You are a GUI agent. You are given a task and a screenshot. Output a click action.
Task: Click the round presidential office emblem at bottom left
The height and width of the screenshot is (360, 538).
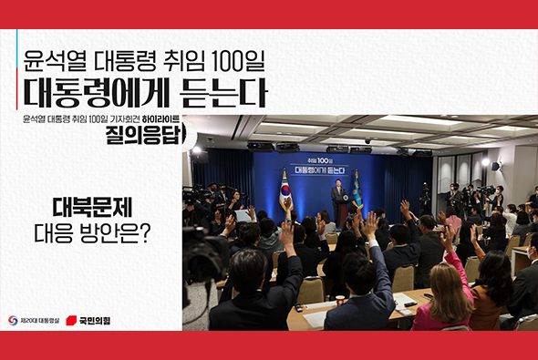click(13, 321)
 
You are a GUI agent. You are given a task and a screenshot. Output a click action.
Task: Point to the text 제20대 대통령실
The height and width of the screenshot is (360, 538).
click(38, 321)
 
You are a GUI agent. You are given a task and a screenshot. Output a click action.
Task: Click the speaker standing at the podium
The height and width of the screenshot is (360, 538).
click(338, 201)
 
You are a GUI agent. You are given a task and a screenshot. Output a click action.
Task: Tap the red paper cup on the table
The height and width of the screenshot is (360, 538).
click(340, 300)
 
